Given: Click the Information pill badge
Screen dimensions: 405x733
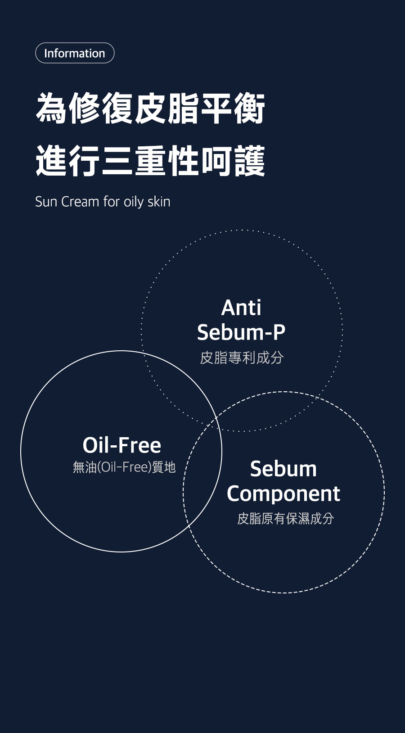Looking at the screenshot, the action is point(75,53).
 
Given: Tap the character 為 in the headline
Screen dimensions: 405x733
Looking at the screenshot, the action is point(52,109).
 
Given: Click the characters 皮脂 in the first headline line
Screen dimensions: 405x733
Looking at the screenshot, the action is point(166,109).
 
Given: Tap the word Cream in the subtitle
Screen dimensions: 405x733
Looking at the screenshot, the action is point(80,202).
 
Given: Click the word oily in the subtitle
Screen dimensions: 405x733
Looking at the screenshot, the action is point(134,202).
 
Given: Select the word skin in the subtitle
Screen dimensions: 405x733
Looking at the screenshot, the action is point(159,202).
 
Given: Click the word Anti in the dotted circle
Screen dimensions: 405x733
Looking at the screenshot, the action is point(241,308).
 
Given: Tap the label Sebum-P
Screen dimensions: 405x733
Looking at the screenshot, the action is point(241,332).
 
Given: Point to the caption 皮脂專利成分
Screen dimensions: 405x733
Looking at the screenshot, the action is point(242,357).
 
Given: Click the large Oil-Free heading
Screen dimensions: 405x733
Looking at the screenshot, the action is point(121,445).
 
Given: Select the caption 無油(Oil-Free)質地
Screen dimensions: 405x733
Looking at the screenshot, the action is point(124,467).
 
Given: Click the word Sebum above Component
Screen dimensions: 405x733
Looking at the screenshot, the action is point(283,469).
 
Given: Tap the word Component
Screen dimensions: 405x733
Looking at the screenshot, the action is point(283,494).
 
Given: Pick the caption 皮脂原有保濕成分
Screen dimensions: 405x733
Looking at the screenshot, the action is point(285,518).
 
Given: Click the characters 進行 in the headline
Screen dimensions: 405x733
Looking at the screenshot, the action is point(68,161).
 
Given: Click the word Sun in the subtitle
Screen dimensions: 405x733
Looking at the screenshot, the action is point(46,202).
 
